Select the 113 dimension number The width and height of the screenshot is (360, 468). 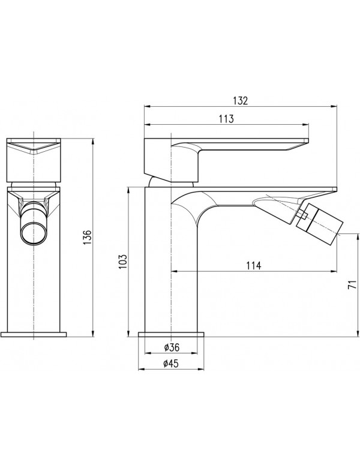pyautogui.click(x=226, y=119)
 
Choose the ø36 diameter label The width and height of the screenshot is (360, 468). pyautogui.click(x=172, y=347)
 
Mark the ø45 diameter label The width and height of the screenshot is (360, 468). pyautogui.click(x=172, y=362)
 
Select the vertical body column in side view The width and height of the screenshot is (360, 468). pyautogui.click(x=173, y=270)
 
